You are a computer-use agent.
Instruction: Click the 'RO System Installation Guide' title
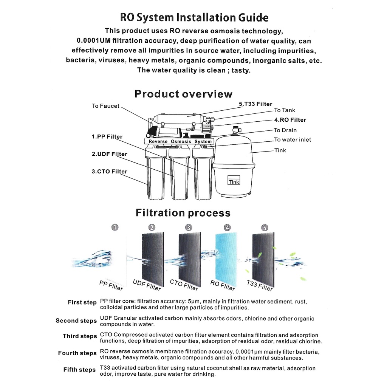[x=194, y=18]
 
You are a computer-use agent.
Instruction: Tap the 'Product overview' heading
[x=183, y=94]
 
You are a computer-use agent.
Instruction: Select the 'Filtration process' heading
[x=183, y=213]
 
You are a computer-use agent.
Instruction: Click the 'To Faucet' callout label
[x=105, y=106]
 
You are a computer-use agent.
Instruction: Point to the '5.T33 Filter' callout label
[x=255, y=104]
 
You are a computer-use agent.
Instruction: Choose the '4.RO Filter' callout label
[x=290, y=120]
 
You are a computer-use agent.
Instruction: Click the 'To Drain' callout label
[x=285, y=130]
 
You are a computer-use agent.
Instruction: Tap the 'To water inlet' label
[x=293, y=139]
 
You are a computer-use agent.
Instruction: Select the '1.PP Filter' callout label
[x=107, y=137]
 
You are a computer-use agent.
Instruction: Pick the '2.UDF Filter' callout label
[x=109, y=154]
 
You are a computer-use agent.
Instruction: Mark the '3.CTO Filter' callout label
[x=109, y=172]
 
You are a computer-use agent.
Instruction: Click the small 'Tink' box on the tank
[x=234, y=182]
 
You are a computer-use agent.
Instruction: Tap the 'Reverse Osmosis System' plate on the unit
[x=180, y=141]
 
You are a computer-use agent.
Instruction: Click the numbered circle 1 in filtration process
[x=115, y=227]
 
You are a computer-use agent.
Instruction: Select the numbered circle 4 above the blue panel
[x=227, y=228]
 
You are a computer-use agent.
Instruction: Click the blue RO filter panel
[x=226, y=260]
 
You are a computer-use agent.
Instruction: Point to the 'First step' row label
[x=82, y=302]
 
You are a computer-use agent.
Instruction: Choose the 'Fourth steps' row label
[x=77, y=353]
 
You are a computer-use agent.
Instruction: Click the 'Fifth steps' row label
[x=79, y=370]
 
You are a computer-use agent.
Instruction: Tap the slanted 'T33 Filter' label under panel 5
[x=260, y=286]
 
